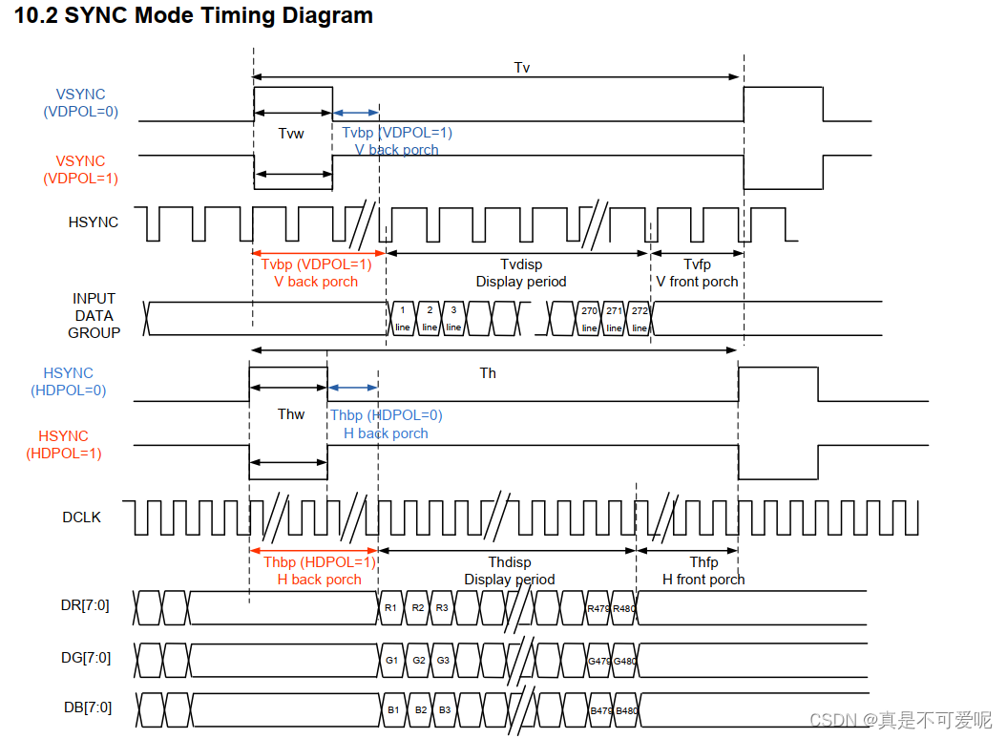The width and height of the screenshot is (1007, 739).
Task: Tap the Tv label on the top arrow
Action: (521, 67)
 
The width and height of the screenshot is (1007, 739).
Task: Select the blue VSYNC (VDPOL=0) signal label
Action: (81, 102)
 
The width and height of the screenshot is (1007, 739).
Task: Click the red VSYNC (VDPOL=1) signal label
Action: (81, 169)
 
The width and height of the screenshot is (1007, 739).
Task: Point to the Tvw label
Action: (291, 134)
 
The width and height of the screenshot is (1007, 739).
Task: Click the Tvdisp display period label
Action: (521, 273)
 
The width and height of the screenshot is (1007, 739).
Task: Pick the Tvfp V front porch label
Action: (698, 273)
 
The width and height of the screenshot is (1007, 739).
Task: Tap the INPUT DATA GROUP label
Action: (94, 316)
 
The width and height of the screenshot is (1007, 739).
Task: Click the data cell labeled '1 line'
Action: (403, 318)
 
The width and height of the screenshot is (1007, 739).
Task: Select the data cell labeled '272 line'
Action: (640, 318)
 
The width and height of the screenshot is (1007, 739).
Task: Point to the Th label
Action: (488, 373)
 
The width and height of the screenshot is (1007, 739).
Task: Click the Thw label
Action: (291, 414)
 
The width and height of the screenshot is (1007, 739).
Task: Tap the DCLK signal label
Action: (82, 517)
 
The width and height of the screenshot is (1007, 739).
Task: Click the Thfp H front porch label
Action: (703, 571)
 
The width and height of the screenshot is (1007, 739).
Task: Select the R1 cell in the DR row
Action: (390, 607)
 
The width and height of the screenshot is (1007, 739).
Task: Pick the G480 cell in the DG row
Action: (624, 660)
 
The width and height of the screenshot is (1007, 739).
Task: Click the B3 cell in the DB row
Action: (443, 709)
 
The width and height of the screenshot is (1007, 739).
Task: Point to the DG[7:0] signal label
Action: (85, 658)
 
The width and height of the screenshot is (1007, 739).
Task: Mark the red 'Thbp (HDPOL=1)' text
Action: (319, 561)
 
